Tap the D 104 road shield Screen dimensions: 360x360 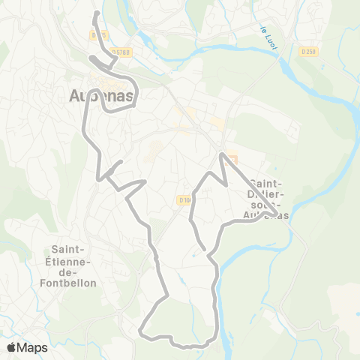point(184,199)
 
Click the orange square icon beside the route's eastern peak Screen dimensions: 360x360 point(232,160)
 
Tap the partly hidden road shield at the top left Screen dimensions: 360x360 point(99,34)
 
